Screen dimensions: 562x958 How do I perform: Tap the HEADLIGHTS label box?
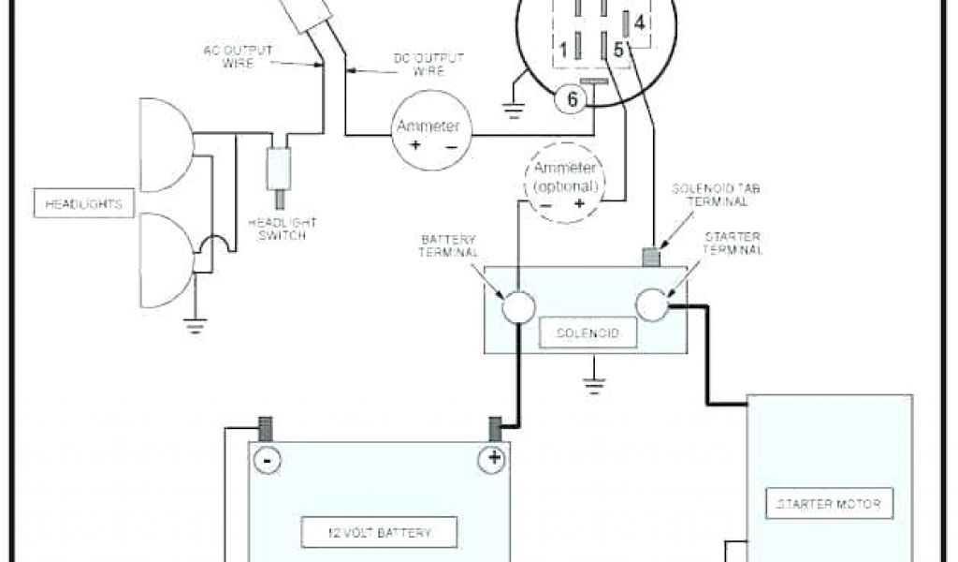pos(81,202)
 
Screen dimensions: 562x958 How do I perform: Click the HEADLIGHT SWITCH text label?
pos(282,229)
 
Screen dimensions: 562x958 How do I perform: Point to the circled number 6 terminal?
pos(571,99)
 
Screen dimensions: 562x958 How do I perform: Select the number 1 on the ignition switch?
pos(564,48)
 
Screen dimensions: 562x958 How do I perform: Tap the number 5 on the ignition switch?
pos(618,48)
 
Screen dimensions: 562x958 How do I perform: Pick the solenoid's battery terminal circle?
pos(517,306)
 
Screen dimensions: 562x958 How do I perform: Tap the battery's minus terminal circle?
pos(267,460)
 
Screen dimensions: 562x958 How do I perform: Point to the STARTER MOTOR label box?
pos(829,505)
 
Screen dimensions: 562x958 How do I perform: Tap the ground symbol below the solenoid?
pos(591,379)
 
